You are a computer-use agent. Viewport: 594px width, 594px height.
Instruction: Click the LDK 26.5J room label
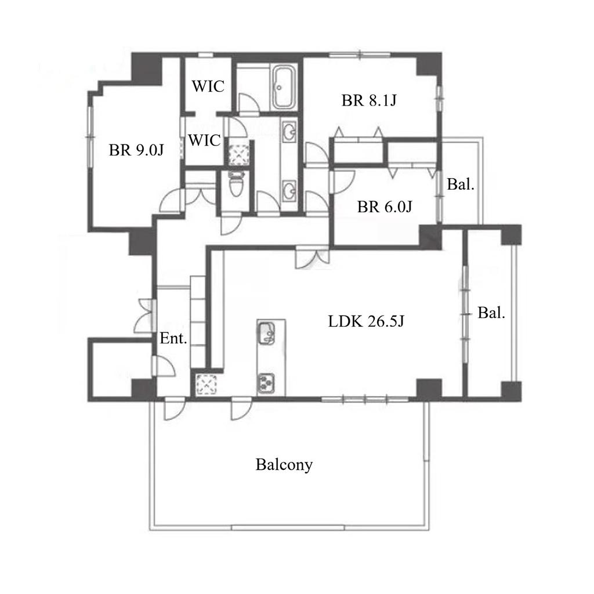(x=366, y=321)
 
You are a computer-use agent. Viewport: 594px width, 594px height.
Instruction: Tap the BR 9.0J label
(x=136, y=150)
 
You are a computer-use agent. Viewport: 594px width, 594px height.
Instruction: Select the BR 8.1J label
(x=369, y=100)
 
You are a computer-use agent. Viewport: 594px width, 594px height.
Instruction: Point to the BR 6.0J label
(x=385, y=207)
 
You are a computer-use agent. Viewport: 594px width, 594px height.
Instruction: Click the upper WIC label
(x=208, y=86)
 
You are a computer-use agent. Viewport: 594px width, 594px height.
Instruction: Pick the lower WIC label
(x=205, y=140)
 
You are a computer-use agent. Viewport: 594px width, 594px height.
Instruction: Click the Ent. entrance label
(x=173, y=338)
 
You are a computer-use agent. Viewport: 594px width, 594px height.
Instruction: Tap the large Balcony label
(x=284, y=465)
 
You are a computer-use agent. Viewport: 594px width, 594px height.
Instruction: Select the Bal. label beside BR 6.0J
(x=461, y=184)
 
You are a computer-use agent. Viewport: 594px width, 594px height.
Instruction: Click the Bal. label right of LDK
(x=491, y=313)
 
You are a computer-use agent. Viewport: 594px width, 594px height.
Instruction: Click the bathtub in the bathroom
(x=284, y=88)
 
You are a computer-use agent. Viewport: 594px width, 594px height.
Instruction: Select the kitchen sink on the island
(x=266, y=332)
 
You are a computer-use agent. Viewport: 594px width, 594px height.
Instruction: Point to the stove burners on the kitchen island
(x=266, y=383)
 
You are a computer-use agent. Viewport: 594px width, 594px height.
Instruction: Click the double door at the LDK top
(x=313, y=258)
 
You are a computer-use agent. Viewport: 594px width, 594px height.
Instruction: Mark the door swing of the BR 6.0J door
(x=343, y=182)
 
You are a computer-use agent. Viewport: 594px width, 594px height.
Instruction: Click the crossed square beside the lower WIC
(x=238, y=153)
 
